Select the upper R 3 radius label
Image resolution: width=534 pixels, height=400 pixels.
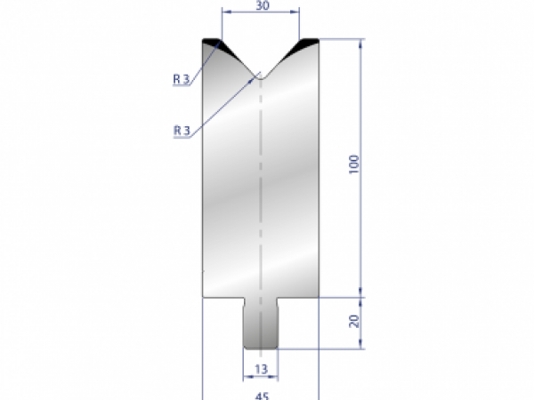[182, 79]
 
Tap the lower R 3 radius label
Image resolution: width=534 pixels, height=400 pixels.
[182, 130]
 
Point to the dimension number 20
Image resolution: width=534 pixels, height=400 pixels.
[355, 320]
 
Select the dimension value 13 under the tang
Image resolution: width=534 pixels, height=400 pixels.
[260, 368]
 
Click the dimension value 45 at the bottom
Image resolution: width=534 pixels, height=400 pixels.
[261, 396]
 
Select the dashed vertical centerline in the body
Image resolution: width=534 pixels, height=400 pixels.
[260, 178]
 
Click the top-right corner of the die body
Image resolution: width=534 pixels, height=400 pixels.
[317, 40]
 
